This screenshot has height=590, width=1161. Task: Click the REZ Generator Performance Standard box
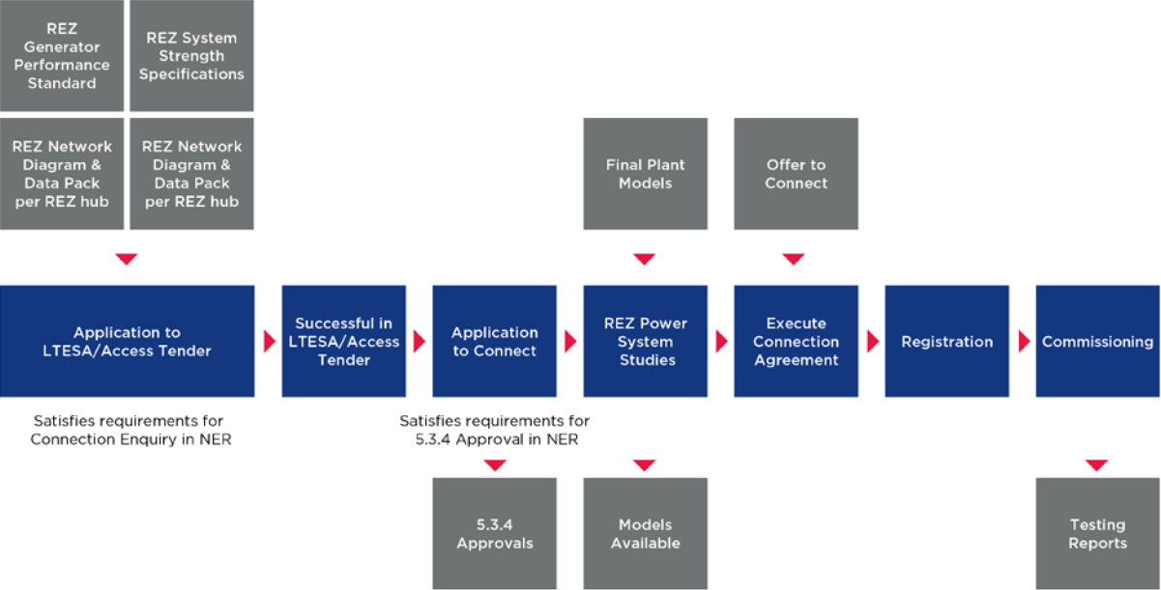61,56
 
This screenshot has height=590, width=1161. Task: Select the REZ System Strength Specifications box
191,56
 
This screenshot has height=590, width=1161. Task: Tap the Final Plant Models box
645,174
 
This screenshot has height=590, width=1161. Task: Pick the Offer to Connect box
796,174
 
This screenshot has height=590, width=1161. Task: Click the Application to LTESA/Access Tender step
127,342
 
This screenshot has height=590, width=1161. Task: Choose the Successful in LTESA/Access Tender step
343,342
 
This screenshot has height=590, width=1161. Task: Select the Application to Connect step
494,342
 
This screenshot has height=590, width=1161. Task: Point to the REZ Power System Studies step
645,342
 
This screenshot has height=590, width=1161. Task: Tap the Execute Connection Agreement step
796,342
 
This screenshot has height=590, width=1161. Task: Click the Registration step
946,342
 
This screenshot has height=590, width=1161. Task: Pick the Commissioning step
1097,342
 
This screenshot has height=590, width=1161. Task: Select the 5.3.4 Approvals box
494,534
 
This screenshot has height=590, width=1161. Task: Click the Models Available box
645,534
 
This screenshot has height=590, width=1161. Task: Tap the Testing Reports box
1097,534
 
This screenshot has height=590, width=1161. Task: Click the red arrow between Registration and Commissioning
1023,342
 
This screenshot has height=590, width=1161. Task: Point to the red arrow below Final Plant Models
645,259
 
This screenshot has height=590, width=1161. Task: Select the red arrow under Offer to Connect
794,259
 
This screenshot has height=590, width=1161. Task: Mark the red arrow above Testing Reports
1096,465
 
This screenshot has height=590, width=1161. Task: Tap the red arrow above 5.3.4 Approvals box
495,465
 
